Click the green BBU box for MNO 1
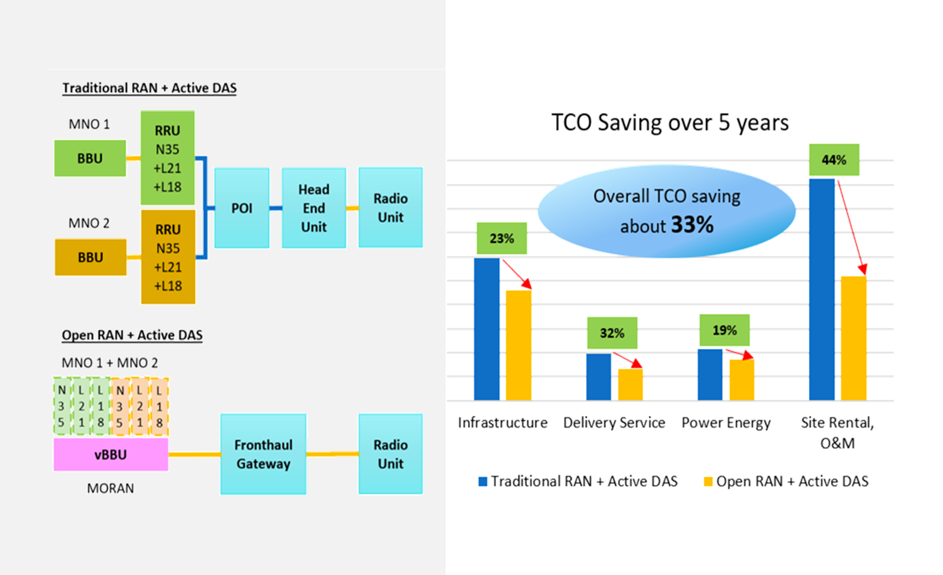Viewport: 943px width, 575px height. pos(90,158)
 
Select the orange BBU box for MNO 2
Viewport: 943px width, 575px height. pos(90,257)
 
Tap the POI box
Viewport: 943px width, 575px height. pos(241,208)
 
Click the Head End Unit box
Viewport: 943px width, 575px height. pos(314,208)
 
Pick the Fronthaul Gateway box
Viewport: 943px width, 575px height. pos(263,454)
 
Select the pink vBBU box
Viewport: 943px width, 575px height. pos(110,454)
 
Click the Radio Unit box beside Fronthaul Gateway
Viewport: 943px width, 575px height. pos(390,454)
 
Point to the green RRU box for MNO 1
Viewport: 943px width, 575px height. pos(167,158)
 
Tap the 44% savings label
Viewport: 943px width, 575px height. pos(834,160)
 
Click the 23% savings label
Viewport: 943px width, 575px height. pos(501,238)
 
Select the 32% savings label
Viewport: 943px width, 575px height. pos(612,333)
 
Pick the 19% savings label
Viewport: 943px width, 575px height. pos(724,330)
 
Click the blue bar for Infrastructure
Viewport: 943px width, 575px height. pos(486,329)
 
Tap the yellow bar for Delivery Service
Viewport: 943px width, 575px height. pos(630,384)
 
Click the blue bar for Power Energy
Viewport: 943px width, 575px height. pos(709,375)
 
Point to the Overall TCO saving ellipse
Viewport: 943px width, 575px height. pos(666,211)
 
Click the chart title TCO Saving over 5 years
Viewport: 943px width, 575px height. pos(670,123)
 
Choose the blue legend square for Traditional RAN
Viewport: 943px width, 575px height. pos(482,481)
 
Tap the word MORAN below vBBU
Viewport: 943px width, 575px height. pos(110,488)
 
